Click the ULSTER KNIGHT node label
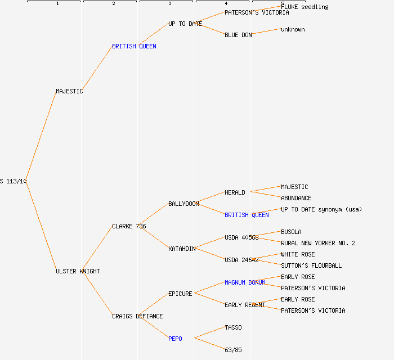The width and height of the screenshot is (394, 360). point(78,271)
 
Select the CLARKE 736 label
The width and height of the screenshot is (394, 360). point(129,226)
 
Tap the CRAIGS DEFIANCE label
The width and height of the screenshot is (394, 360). point(137,316)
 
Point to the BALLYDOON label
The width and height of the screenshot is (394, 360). point(183,204)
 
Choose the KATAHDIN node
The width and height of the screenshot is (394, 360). point(182,249)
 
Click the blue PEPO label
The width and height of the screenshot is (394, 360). point(175,339)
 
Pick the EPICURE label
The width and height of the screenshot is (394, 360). point(180,294)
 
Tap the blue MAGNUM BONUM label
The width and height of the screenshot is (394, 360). point(245,282)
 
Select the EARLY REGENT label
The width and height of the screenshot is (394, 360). point(245,305)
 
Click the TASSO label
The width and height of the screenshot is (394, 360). point(233,327)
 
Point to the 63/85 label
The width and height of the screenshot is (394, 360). point(233,350)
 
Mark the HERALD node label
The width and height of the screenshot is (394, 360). point(235,192)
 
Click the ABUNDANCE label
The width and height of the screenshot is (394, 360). point(296,198)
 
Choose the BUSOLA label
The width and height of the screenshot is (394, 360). point(291,232)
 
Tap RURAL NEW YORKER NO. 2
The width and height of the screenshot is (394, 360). point(318,243)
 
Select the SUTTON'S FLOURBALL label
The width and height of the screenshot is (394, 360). point(311,265)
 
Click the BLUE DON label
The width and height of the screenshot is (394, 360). point(238,35)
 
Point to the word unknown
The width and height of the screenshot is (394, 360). point(293,29)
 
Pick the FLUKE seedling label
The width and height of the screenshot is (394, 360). point(305,7)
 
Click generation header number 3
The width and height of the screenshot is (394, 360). point(169,4)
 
